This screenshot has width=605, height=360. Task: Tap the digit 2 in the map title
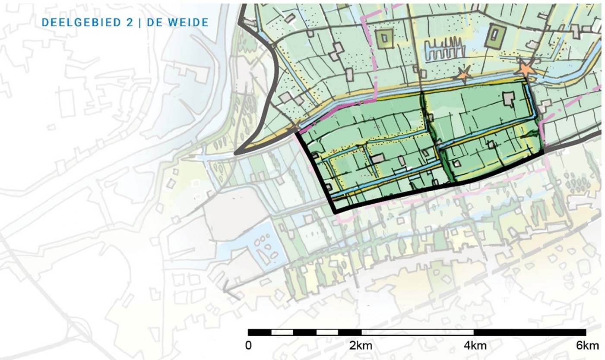(x=130, y=22)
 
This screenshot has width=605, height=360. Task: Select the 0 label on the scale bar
(x=248, y=346)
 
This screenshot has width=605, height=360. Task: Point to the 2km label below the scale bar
(x=361, y=346)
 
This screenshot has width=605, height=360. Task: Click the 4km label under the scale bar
(x=474, y=346)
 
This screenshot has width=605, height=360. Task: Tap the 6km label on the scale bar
(x=587, y=346)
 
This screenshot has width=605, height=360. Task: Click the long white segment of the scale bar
(x=417, y=332)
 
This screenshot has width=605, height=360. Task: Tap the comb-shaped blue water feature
(x=444, y=47)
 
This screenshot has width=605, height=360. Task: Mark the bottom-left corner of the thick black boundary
(x=336, y=212)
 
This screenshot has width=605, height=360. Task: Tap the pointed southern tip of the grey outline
(x=236, y=153)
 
